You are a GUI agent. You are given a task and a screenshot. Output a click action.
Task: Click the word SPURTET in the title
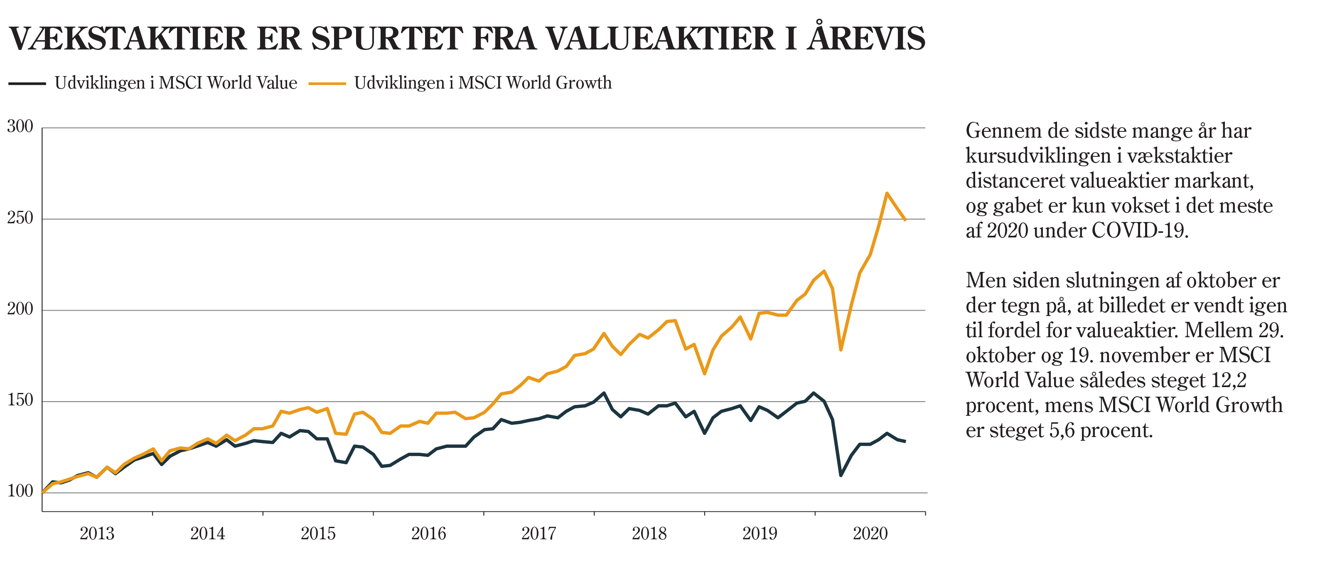coord(387,39)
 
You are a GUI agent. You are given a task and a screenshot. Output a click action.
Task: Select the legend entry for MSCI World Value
coord(175,83)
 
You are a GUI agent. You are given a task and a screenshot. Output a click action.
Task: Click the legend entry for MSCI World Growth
coord(482,83)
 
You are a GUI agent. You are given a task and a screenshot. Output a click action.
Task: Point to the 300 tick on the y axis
coord(20,126)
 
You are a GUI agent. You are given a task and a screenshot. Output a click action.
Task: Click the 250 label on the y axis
coord(20,218)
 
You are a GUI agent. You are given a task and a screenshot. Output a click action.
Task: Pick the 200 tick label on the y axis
coord(20,309)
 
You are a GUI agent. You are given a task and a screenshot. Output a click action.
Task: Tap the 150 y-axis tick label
coord(20,400)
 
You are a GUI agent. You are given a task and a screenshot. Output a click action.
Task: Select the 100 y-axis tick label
coord(20,491)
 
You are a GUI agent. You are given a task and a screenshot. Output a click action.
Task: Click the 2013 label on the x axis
coord(97,533)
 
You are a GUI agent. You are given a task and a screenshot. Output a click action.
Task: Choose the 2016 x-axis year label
coord(428,533)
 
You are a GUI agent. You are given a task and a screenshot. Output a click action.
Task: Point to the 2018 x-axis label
coord(649,533)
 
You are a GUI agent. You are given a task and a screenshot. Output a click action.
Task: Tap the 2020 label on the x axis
coord(870,533)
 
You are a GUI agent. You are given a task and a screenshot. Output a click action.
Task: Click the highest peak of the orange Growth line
coord(887,193)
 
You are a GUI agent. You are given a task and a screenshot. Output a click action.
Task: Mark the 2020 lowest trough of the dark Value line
coord(841,475)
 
